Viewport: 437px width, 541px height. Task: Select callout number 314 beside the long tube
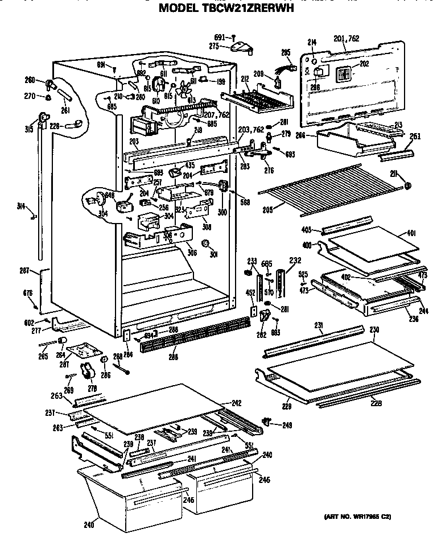pyautogui.click(x=22, y=208)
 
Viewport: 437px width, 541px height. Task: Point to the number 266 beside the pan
pyautogui.click(x=302, y=135)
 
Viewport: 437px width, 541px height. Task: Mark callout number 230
pyautogui.click(x=374, y=329)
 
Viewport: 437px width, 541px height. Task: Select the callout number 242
pyautogui.click(x=236, y=403)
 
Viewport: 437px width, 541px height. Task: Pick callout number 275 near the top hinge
pyautogui.click(x=215, y=45)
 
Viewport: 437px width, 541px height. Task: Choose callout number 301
pyautogui.click(x=214, y=254)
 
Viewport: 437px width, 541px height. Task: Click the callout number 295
pyautogui.click(x=286, y=52)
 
